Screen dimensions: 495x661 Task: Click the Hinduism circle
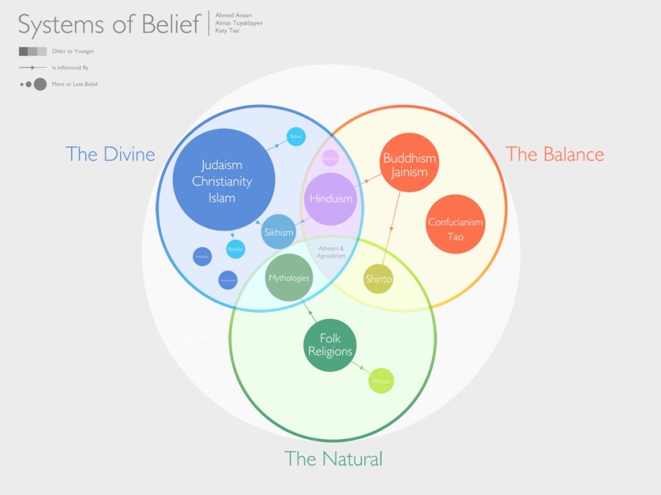[x=330, y=199]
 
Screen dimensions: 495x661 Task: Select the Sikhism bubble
[x=279, y=232]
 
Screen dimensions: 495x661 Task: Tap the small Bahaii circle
[x=296, y=137]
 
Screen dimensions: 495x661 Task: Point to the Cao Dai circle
[x=330, y=157]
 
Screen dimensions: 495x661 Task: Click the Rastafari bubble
[x=236, y=249]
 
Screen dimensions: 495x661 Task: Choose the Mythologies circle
[x=289, y=278]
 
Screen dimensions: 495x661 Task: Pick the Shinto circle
[x=378, y=279]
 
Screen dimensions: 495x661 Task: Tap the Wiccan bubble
[x=381, y=382]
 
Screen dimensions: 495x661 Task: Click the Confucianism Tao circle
[x=455, y=229]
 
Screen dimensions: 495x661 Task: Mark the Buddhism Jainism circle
[x=409, y=164]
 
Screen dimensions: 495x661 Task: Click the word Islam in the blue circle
[x=221, y=198]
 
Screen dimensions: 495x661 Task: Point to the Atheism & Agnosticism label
[x=330, y=252]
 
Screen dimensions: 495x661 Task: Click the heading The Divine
[x=110, y=154]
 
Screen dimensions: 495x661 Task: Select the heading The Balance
[x=554, y=154]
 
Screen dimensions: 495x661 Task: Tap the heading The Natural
[x=333, y=459]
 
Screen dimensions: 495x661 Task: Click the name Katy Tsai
[x=227, y=31]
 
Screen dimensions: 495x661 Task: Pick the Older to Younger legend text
[x=68, y=51]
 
